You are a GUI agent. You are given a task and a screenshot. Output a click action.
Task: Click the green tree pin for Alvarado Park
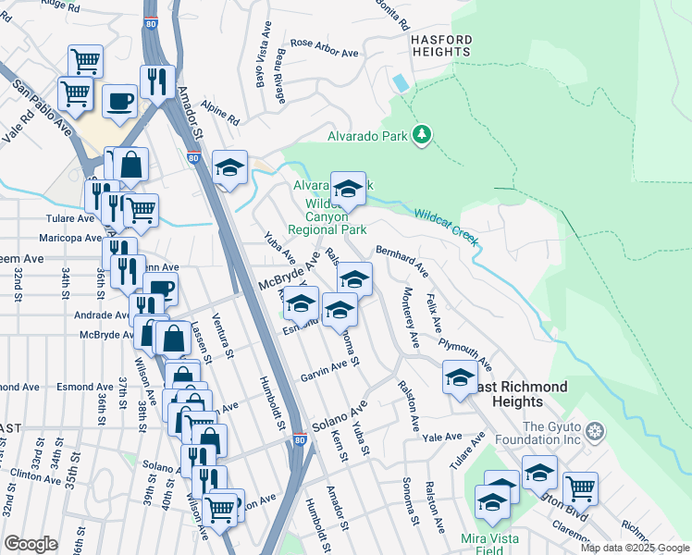click(x=423, y=135)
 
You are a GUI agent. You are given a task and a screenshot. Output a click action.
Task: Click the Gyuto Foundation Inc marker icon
click(x=595, y=432)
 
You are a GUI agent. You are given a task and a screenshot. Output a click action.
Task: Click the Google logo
click(x=31, y=544)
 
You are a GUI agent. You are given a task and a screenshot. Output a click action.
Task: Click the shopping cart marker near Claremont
click(x=580, y=487)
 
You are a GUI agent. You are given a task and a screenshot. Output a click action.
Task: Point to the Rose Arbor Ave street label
click(x=324, y=48)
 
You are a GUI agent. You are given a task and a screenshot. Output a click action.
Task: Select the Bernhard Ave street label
click(x=402, y=262)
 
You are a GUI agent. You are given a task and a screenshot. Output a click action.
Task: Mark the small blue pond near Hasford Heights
click(x=400, y=82)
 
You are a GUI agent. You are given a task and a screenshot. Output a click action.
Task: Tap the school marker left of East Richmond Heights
click(x=460, y=377)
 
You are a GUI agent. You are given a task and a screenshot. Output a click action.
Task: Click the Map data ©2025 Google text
click(x=634, y=548)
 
